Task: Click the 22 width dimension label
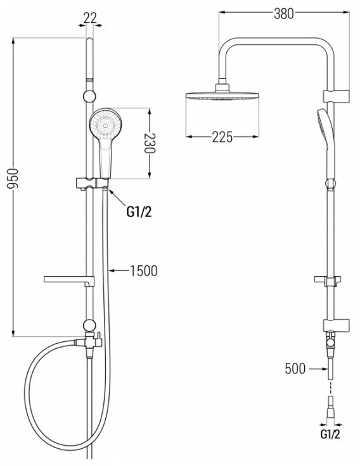click(x=90, y=18)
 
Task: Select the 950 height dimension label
click(x=13, y=179)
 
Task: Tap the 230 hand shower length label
click(x=150, y=143)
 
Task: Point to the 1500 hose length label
click(x=144, y=271)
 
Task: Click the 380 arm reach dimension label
click(x=283, y=14)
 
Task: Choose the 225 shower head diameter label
click(x=222, y=137)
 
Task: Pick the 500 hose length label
click(x=295, y=368)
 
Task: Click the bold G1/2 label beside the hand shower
click(x=139, y=212)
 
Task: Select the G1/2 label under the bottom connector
click(x=330, y=434)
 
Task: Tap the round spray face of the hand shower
click(x=105, y=125)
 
